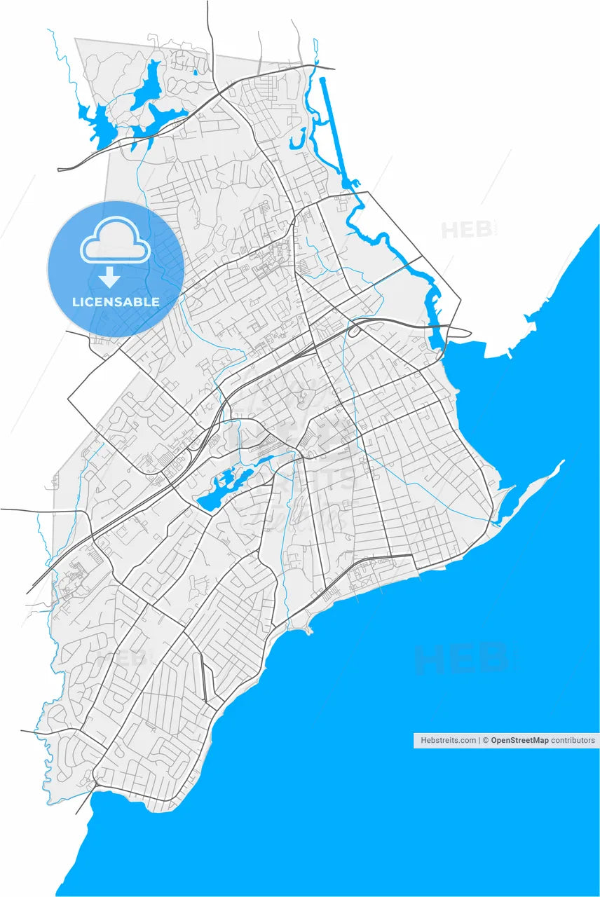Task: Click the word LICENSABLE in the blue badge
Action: pyautogui.click(x=116, y=302)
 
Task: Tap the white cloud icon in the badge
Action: pyautogui.click(x=116, y=240)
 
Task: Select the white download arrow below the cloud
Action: pyautogui.click(x=109, y=278)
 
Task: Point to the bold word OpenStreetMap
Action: pyautogui.click(x=519, y=740)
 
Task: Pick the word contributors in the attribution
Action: pyautogui.click(x=573, y=740)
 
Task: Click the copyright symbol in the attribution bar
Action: pyautogui.click(x=486, y=740)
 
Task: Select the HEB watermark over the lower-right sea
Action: pyautogui.click(x=459, y=659)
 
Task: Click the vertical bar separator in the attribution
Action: pyautogui.click(x=480, y=740)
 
